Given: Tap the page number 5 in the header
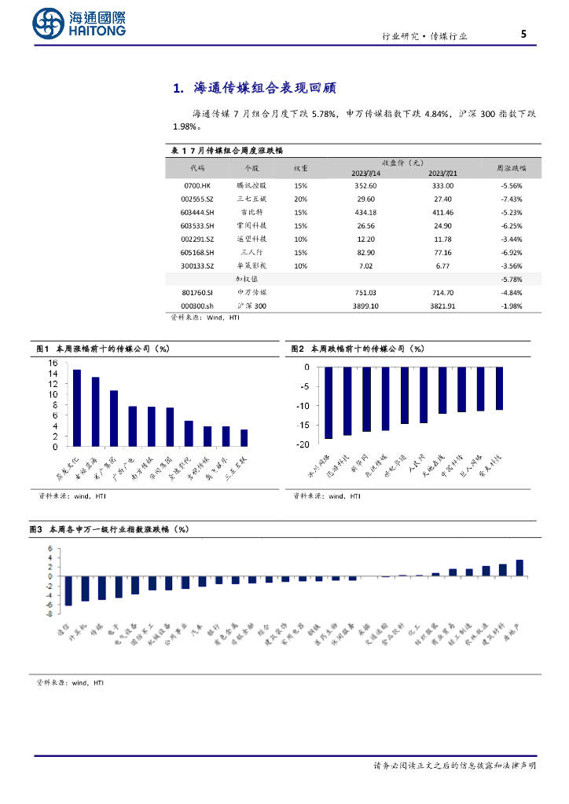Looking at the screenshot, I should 523,34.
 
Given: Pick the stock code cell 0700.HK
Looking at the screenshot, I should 196,186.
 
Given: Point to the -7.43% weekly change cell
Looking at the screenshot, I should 512,199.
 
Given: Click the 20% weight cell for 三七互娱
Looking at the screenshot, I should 300,199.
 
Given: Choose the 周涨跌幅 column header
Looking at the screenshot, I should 512,168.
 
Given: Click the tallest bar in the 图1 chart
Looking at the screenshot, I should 77,407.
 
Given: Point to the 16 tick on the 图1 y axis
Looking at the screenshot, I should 53,363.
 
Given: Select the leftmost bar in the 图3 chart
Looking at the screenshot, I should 68,590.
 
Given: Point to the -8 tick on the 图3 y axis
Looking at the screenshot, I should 50,614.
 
